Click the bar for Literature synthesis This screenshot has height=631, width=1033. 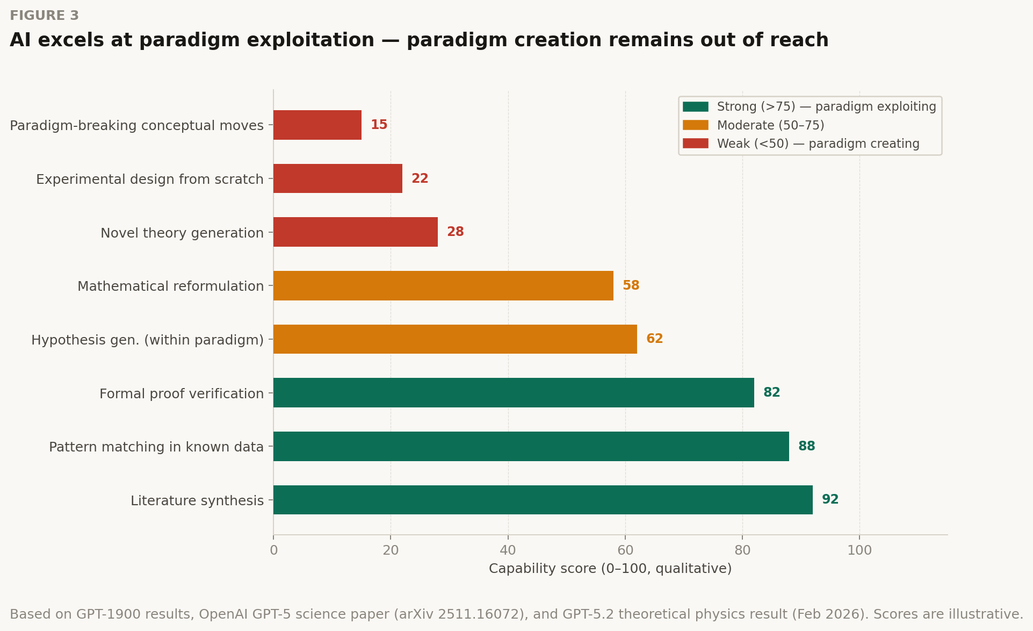pyautogui.click(x=543, y=500)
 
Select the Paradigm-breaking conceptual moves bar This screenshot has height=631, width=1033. pyautogui.click(x=317, y=125)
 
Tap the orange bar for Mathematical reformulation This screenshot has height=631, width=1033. pyautogui.click(x=443, y=286)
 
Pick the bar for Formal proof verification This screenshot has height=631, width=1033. pyautogui.click(x=513, y=393)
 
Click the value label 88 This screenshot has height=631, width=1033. pyautogui.click(x=806, y=446)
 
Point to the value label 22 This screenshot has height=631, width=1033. pyautogui.click(x=420, y=178)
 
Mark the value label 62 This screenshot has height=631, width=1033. pyautogui.click(x=654, y=339)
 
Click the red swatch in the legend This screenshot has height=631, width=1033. pyautogui.click(x=695, y=144)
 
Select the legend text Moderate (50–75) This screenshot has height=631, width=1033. pyautogui.click(x=770, y=125)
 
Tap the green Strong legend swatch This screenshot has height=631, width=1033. pyautogui.click(x=695, y=106)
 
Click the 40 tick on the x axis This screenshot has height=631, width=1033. pyautogui.click(x=508, y=550)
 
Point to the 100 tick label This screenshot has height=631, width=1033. pyautogui.click(x=859, y=550)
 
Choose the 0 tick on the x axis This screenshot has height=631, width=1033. pyautogui.click(x=274, y=550)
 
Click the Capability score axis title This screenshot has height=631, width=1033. pyautogui.click(x=610, y=569)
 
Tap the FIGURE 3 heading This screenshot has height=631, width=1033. pyautogui.click(x=44, y=16)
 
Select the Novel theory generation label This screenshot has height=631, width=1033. pyautogui.click(x=182, y=233)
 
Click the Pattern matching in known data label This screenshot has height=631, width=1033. pyautogui.click(x=156, y=447)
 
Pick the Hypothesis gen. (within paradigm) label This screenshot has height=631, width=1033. pyautogui.click(x=147, y=340)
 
